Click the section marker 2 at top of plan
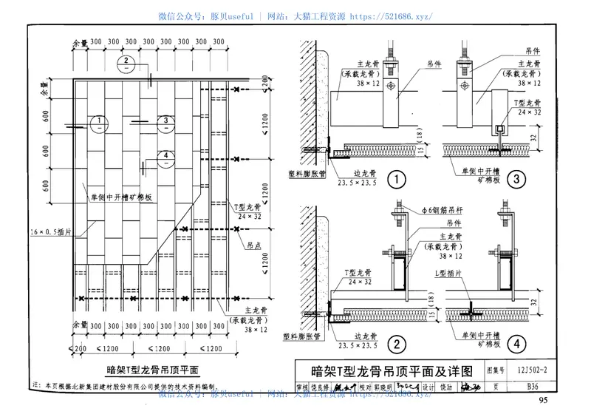[128, 61]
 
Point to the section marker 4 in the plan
[167, 155]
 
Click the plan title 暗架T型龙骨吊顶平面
[151, 370]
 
